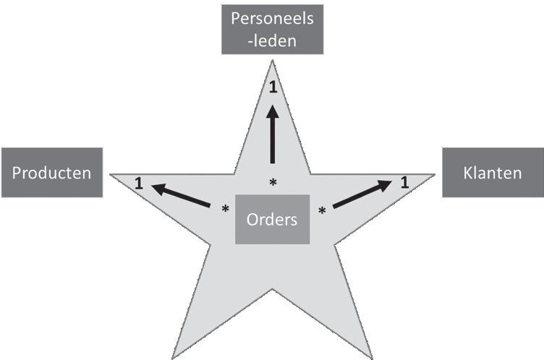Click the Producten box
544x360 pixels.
tap(51, 173)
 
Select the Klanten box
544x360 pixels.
tap(493, 173)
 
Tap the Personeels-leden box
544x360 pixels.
tap(272, 29)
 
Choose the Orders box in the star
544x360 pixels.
tap(272, 219)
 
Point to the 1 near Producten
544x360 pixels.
tap(137, 186)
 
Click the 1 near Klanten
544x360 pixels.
tap(404, 182)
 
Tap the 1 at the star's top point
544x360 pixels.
tap(273, 87)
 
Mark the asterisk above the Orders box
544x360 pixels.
tap(273, 184)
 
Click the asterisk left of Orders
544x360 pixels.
tap(225, 210)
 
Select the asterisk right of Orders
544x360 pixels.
tap(322, 210)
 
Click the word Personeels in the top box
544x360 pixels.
tap(272, 19)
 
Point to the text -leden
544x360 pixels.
tap(272, 40)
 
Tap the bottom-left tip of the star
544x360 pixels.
tap(173, 356)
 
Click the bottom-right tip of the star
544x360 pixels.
tap(371, 356)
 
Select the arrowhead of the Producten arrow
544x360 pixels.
tap(158, 188)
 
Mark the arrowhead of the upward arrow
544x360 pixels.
tap(273, 113)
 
